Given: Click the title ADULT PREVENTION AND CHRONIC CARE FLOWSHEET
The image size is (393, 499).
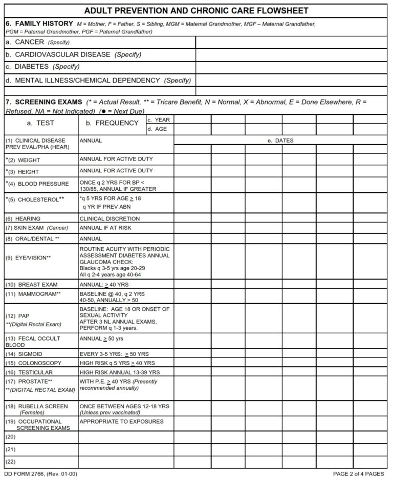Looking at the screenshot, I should click(x=196, y=11).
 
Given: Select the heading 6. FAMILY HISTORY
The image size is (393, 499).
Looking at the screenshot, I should click(x=38, y=24).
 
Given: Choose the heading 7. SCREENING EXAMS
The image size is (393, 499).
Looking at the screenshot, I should click(x=43, y=102).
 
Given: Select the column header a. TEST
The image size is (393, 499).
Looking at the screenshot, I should click(x=40, y=123).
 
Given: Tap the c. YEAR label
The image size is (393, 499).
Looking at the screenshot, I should click(x=159, y=119).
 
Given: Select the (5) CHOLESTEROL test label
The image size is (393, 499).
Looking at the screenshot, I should click(x=35, y=199).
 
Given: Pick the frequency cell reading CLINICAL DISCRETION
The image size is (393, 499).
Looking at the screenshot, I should click(x=110, y=218).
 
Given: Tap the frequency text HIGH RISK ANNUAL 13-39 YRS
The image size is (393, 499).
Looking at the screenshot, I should click(x=120, y=372).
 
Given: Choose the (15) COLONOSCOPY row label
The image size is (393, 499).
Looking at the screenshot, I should click(x=33, y=363).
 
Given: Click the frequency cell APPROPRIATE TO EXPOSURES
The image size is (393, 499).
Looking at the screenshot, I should click(x=122, y=422).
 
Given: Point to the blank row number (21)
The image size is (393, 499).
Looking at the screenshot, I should click(x=10, y=449).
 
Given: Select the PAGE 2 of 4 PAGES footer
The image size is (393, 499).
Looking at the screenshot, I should click(x=358, y=474).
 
